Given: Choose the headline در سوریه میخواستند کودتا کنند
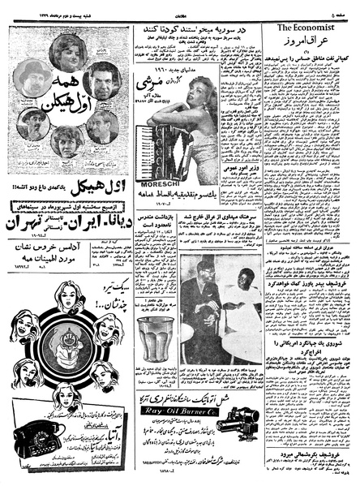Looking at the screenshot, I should [x=196, y=29].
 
